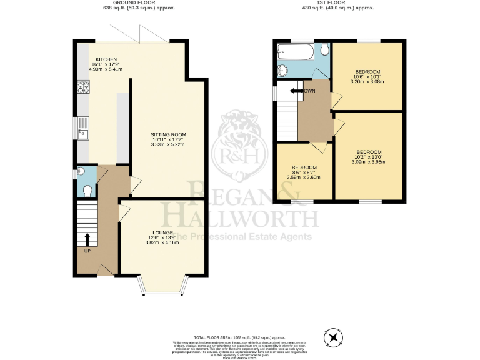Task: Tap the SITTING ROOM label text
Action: click(168, 134)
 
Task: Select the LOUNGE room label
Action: click(162, 232)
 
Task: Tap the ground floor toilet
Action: click(87, 189)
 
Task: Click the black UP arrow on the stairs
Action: click(87, 239)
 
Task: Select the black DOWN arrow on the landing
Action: click(292, 92)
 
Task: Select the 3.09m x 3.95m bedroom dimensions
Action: click(369, 161)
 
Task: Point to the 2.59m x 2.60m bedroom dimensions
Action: click(304, 177)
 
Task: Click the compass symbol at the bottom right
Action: click(334, 338)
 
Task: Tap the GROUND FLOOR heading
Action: click(139, 3)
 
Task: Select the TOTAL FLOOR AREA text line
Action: click(240, 337)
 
